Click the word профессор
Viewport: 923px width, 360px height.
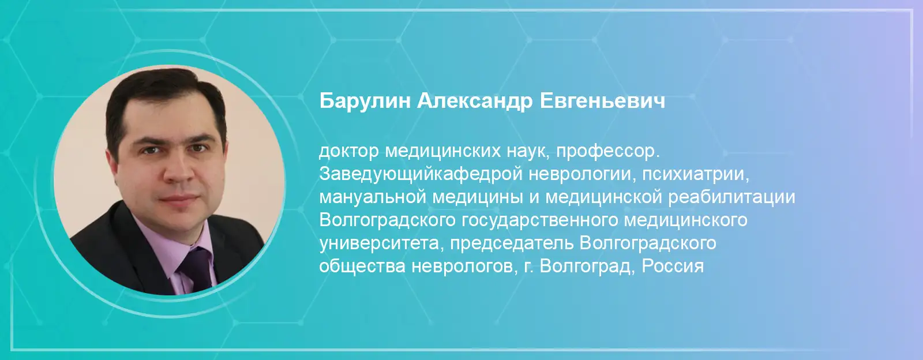[608, 152]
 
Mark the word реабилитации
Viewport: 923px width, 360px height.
[732, 198]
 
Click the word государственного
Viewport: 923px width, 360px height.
[540, 221]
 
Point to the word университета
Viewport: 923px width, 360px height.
[379, 244]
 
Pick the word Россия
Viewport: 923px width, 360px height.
[673, 266]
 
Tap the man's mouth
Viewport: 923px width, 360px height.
[180, 200]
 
